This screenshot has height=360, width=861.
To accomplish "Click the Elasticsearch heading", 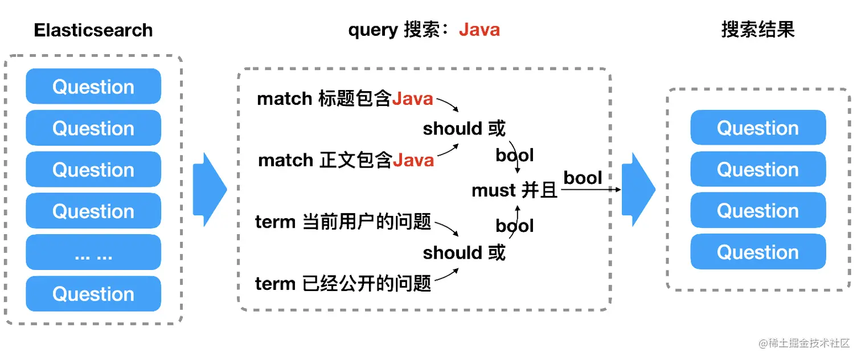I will click(x=93, y=30).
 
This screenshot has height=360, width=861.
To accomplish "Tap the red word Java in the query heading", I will click(x=479, y=30).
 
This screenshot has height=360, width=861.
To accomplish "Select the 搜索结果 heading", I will click(x=757, y=30).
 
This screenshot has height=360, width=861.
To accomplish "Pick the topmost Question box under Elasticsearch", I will click(x=93, y=87).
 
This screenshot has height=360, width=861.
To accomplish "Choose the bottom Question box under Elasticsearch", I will click(x=93, y=294).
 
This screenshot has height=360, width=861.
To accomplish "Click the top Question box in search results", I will click(x=758, y=128).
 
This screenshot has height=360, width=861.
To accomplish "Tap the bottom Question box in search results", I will click(x=758, y=252).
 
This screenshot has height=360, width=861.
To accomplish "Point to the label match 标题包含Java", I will click(x=345, y=99).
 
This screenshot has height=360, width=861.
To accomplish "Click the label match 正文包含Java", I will click(x=346, y=160).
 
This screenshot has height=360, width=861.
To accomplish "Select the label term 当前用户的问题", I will click(x=343, y=222).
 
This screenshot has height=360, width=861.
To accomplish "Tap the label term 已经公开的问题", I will click(x=343, y=283).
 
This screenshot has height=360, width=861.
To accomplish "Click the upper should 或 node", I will click(x=464, y=129).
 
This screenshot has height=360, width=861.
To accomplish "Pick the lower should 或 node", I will click(x=464, y=252).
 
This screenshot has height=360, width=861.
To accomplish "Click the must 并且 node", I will click(x=514, y=190).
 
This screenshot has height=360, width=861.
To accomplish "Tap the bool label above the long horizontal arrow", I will click(x=583, y=178).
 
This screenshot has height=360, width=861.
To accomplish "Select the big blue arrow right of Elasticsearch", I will click(x=210, y=190).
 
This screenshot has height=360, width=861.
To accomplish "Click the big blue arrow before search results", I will click(x=638, y=190).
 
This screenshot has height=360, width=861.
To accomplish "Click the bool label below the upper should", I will click(x=515, y=155).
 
